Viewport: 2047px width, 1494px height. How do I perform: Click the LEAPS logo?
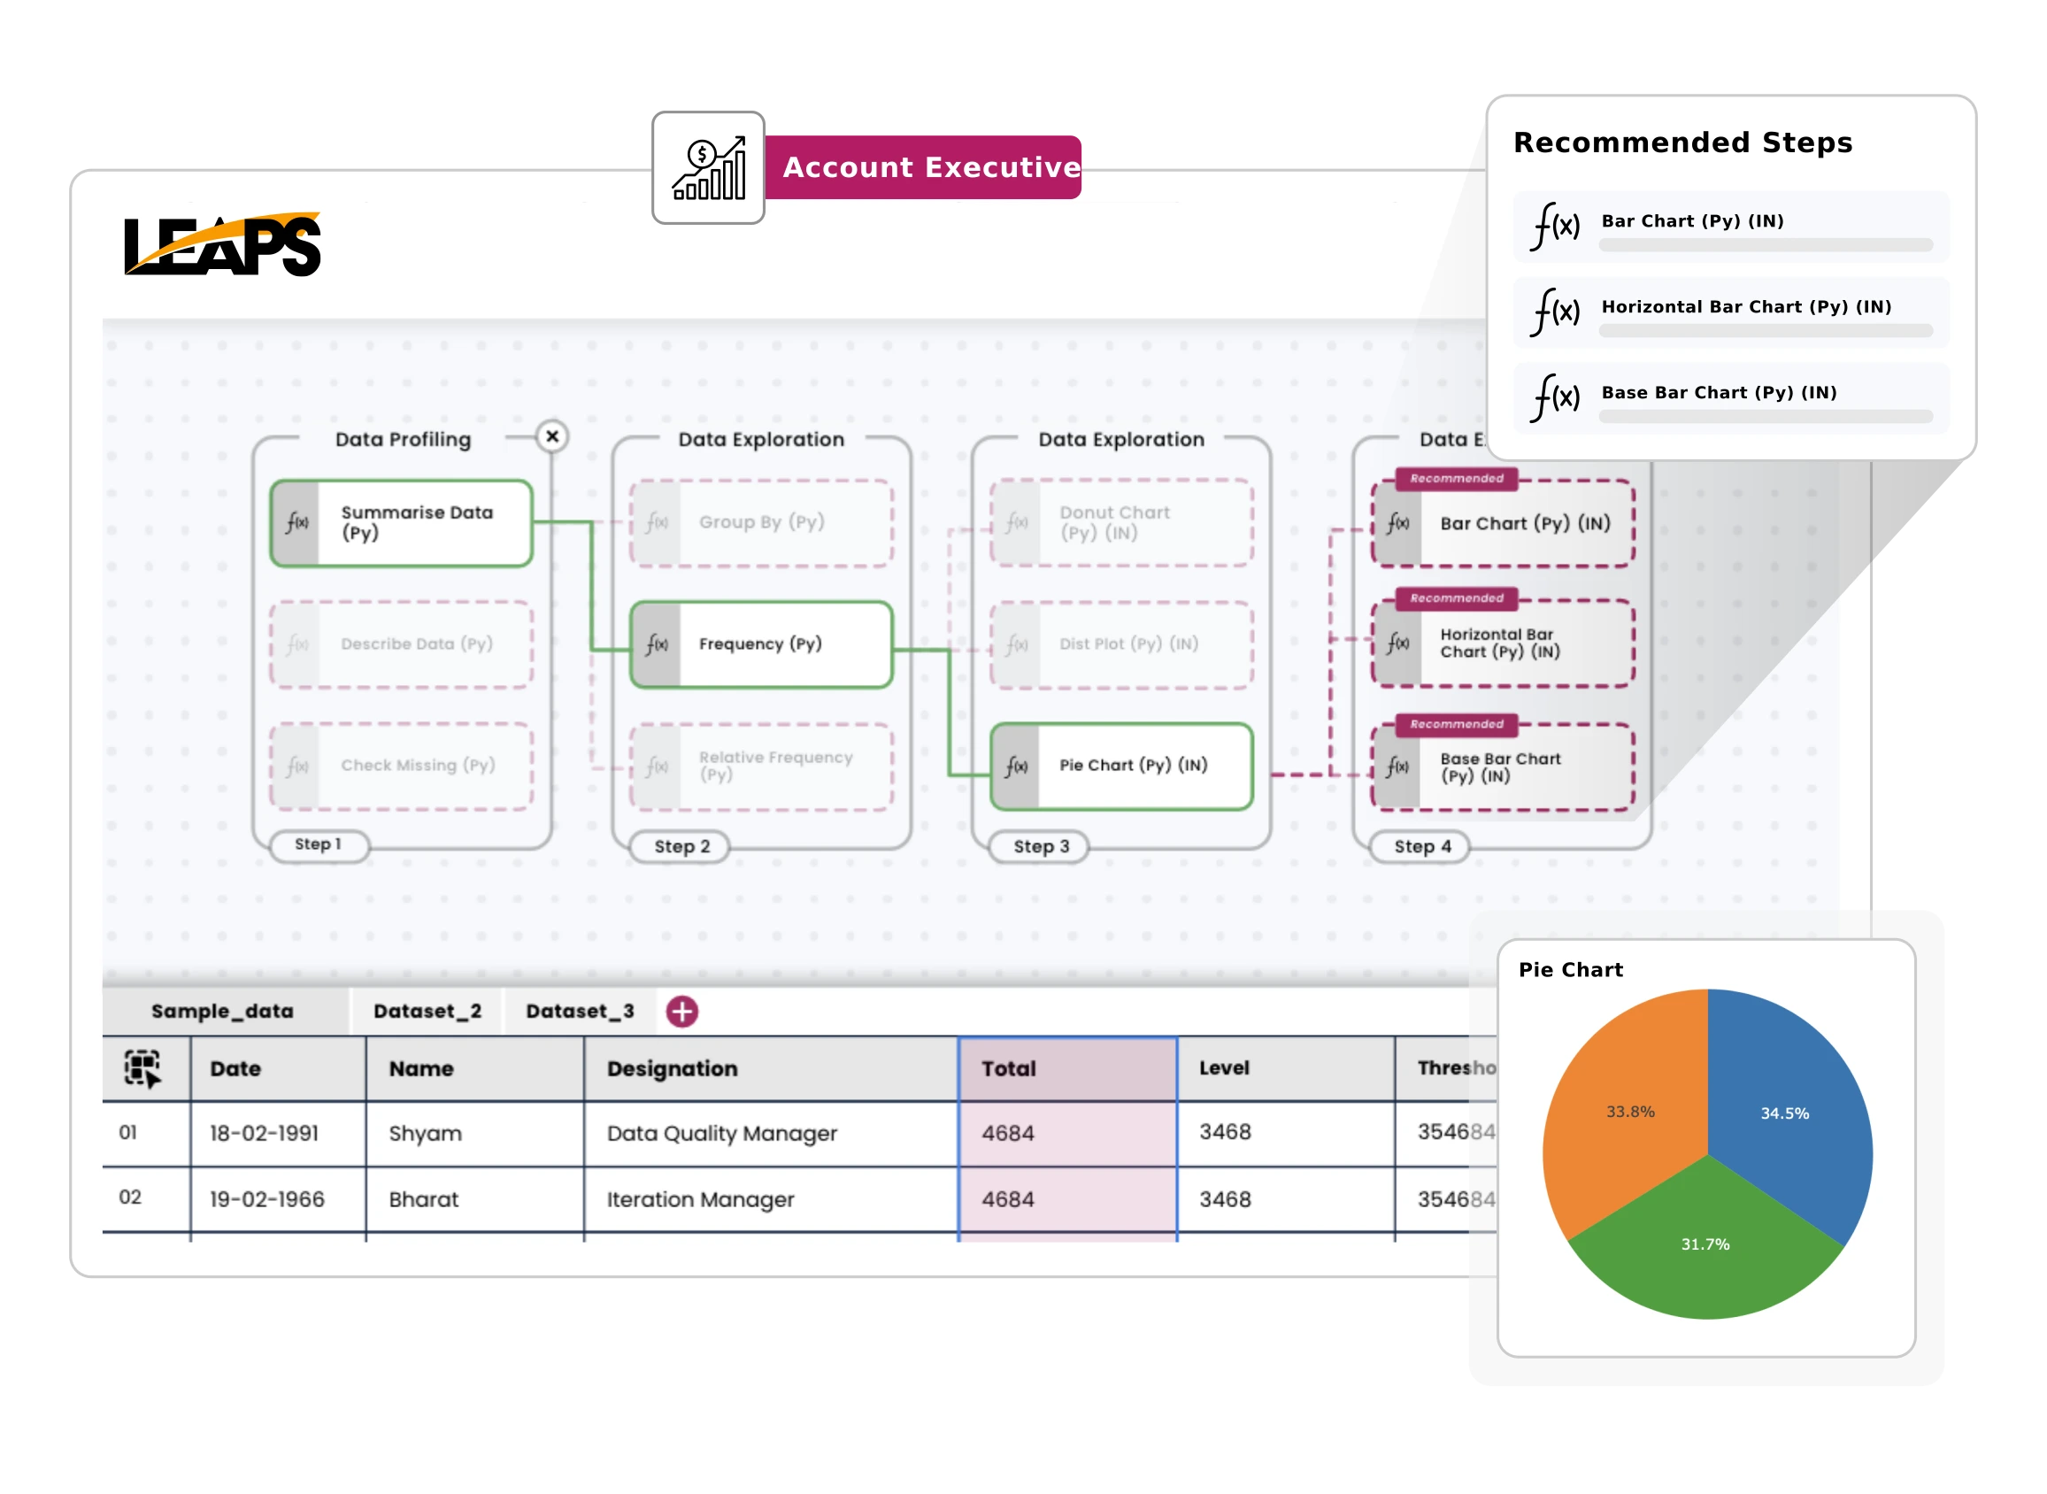pos(222,244)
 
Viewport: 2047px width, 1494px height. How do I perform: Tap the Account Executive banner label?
pos(930,167)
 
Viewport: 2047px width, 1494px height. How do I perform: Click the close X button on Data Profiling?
pos(551,437)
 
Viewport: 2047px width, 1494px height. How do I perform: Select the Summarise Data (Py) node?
pos(402,523)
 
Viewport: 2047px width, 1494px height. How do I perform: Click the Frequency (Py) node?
pos(760,644)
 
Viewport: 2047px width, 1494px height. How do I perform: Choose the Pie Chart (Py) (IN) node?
pos(1121,765)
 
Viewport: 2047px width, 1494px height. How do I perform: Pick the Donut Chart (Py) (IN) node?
pos(1121,523)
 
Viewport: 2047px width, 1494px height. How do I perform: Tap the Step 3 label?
pos(1041,846)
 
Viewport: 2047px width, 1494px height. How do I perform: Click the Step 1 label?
pos(319,844)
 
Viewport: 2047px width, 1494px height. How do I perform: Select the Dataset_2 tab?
pos(427,1011)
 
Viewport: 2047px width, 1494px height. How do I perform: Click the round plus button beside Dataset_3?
pos(681,1011)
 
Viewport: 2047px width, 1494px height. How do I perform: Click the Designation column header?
pos(672,1068)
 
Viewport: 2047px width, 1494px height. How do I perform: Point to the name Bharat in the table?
pos(423,1199)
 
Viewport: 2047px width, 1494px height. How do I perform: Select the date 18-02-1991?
pos(264,1133)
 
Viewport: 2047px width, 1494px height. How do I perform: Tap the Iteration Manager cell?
pos(700,1199)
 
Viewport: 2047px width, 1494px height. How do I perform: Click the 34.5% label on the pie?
pos(1784,1113)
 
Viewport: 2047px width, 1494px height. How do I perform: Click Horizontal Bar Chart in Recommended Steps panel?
pos(1745,307)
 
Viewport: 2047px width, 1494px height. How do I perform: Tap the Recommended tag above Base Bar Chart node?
pos(1456,724)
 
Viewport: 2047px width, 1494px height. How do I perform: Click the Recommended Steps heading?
pos(1681,142)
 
